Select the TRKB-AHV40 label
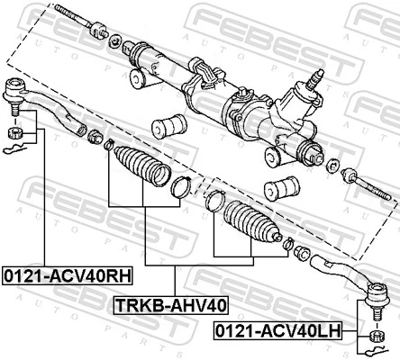tap(169, 304)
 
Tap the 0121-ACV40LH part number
tap(277, 332)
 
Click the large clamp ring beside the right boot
tap(214, 201)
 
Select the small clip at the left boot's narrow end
tap(109, 145)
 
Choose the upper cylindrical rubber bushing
tap(169, 125)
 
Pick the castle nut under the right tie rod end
tap(377, 337)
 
